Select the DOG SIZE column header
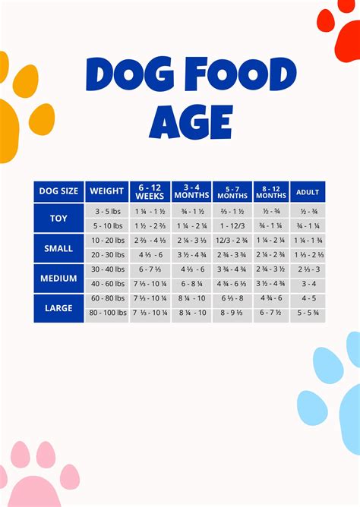pos(58,191)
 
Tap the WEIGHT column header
pos(106,191)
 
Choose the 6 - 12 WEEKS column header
pos(150,191)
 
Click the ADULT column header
pos(307,191)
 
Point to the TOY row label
pos(58,218)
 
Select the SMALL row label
pos(58,248)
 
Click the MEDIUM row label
pos(58,278)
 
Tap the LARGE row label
pos(58,307)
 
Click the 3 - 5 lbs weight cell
pos(106,211)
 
